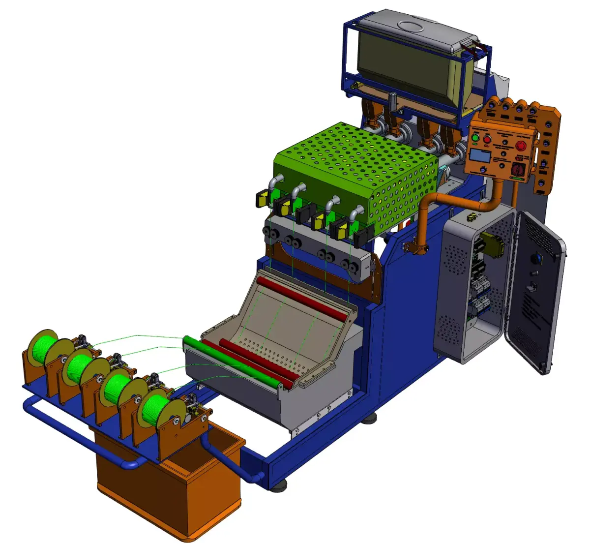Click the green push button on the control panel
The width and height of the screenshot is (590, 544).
click(475, 138)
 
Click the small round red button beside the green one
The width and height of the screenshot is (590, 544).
click(487, 140)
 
